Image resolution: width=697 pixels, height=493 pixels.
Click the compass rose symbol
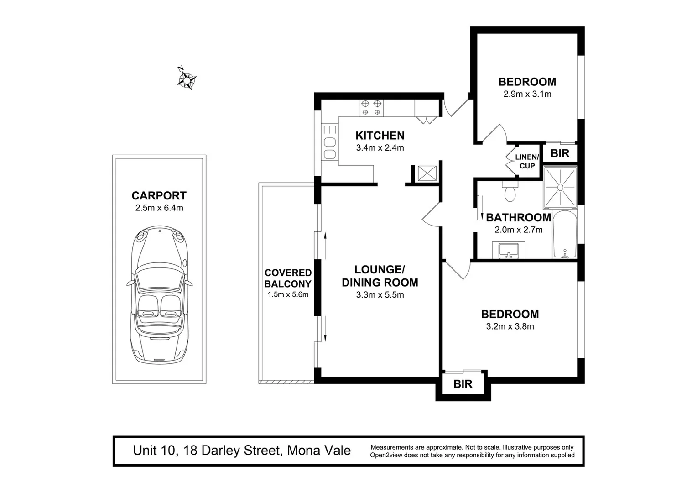point(186,79)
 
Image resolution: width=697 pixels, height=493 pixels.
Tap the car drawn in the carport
point(159,294)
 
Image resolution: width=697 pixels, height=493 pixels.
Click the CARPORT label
point(159,196)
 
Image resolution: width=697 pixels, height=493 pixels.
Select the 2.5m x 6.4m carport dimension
point(159,208)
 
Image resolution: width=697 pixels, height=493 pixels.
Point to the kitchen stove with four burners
point(371,108)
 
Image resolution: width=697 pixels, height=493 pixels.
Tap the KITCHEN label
point(380,136)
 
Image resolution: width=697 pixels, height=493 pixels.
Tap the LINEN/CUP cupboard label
point(527,162)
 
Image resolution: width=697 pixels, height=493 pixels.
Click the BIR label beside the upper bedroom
point(560,153)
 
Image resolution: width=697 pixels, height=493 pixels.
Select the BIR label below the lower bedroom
point(463,384)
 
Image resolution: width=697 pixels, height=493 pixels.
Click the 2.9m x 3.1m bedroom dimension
point(527,94)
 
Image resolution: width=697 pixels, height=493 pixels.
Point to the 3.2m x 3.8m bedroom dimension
point(510,326)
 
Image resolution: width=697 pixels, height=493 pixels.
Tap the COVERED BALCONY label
point(288,278)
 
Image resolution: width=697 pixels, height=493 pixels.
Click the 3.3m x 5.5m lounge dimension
point(380,295)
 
